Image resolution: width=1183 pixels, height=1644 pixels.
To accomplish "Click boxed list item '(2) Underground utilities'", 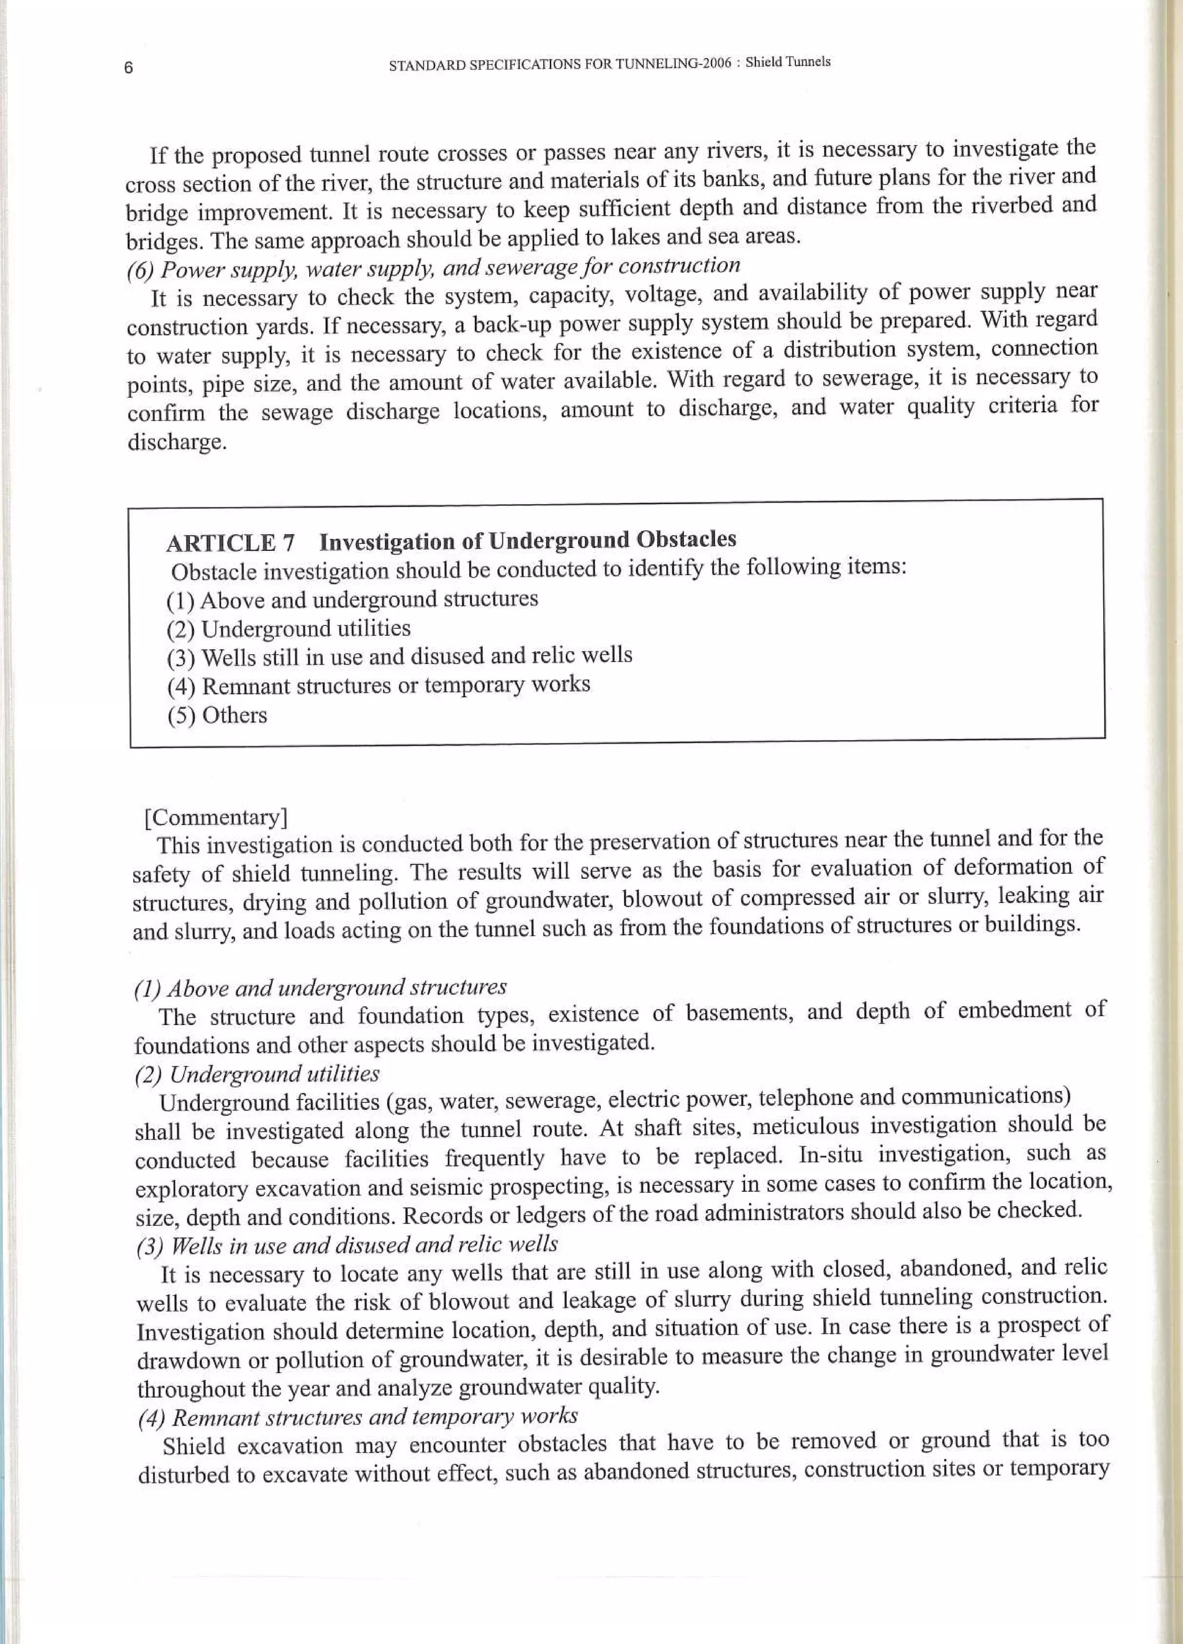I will click(288, 628).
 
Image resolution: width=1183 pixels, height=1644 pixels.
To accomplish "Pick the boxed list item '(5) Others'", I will click(217, 715).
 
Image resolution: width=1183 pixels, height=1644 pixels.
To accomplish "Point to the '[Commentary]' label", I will click(216, 818).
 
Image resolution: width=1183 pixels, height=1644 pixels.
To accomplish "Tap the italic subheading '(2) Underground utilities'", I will click(257, 1074).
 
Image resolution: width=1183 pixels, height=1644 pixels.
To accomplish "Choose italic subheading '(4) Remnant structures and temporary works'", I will click(358, 1416).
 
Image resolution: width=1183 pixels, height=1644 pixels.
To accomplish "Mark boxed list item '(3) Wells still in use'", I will click(399, 656).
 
